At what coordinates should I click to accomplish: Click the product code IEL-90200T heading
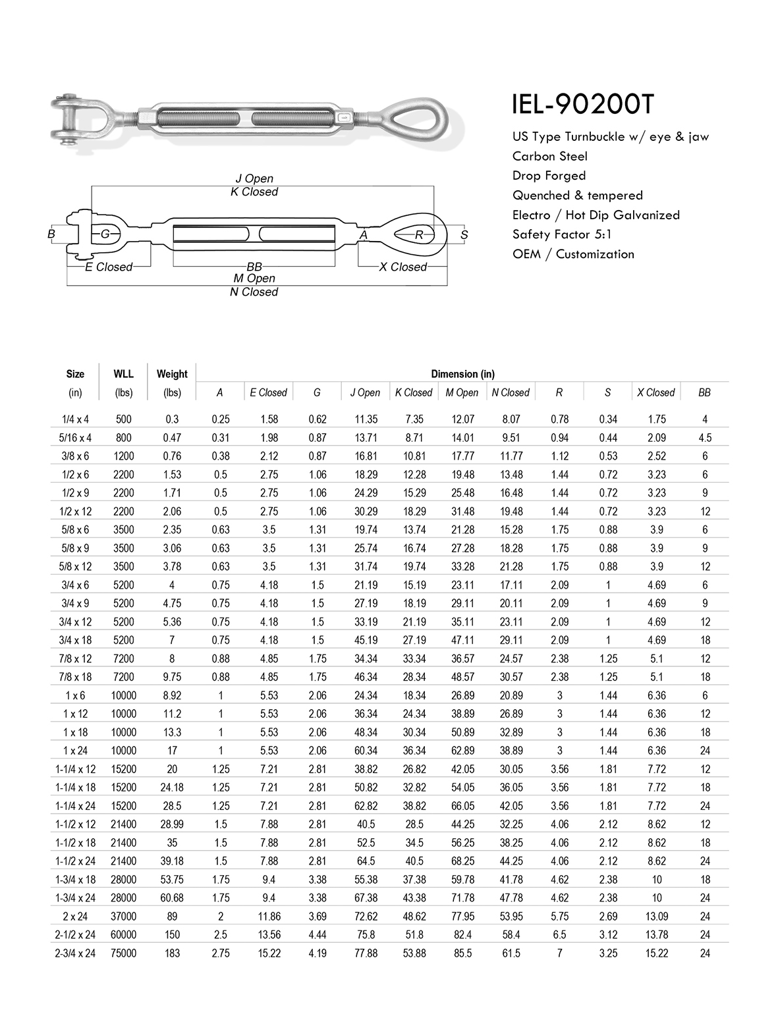pos(583,105)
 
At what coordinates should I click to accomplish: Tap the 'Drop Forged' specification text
pos(549,176)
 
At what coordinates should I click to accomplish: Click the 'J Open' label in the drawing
pos(254,178)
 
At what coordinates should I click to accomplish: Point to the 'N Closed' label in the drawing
pos(254,292)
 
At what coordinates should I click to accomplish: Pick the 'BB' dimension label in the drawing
pos(254,267)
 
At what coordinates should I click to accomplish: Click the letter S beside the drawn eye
pos(464,234)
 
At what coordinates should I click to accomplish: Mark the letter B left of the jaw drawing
pos(51,234)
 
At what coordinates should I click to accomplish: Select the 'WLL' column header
pos(123,373)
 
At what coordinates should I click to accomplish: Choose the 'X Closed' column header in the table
pos(655,392)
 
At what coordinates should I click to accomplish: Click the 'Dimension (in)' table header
pos(462,374)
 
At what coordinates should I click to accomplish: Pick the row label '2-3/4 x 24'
pos(75,953)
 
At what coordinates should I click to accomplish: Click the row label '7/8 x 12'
pos(75,658)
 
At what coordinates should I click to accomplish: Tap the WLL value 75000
pos(123,953)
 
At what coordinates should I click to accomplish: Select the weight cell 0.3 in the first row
pos(172,419)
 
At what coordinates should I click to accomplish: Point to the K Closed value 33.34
pos(414,658)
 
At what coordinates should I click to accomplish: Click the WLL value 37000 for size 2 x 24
pos(123,916)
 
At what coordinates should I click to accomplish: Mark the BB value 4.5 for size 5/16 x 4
pos(704,438)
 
